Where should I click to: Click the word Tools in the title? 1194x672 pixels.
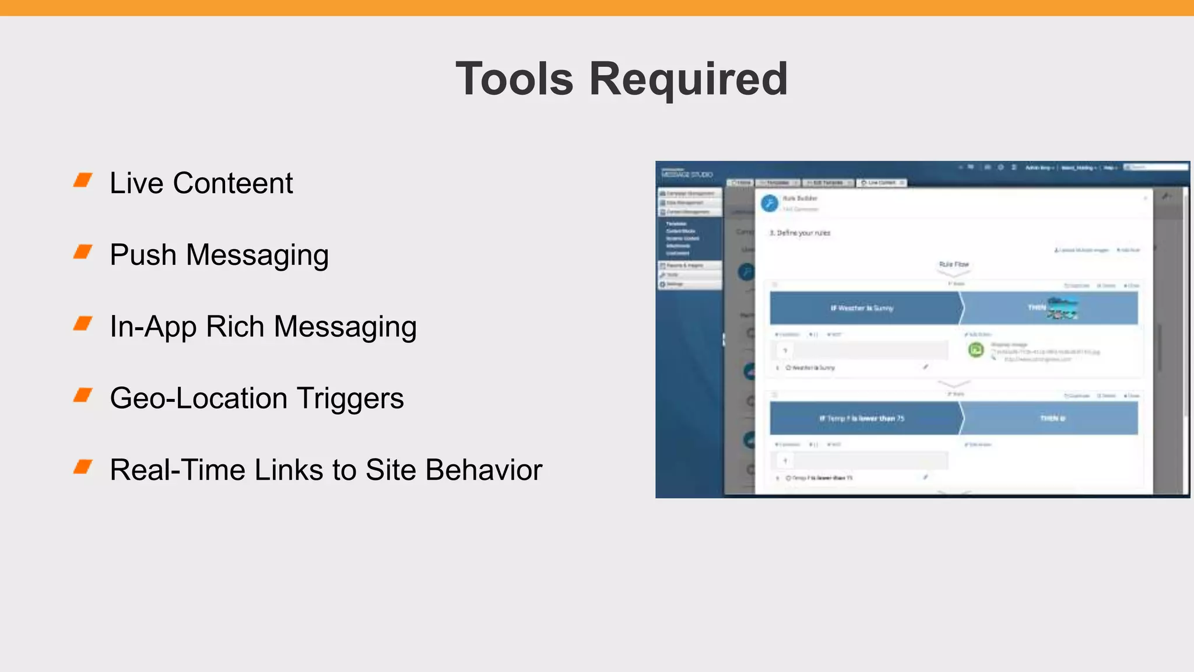coord(514,79)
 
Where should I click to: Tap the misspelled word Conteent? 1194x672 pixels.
coord(233,183)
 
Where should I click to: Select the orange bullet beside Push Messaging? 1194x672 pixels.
coord(83,252)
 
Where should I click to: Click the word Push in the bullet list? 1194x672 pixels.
coord(143,255)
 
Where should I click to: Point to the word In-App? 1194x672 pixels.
coord(153,327)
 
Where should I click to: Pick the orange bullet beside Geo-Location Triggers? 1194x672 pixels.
coord(83,395)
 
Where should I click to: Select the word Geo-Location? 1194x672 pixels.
coord(198,398)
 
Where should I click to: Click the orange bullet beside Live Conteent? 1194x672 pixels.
coord(83,180)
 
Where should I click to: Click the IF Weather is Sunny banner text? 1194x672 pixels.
coord(862,308)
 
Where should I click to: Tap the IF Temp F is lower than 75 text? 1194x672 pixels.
coord(862,418)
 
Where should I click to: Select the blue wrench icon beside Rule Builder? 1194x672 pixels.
coord(770,203)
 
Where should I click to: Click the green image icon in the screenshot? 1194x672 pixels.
coord(976,350)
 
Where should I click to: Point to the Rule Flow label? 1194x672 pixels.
coord(954,264)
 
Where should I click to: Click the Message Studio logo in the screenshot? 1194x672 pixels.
coord(687,174)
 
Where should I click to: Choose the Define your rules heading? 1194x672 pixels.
coord(800,233)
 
